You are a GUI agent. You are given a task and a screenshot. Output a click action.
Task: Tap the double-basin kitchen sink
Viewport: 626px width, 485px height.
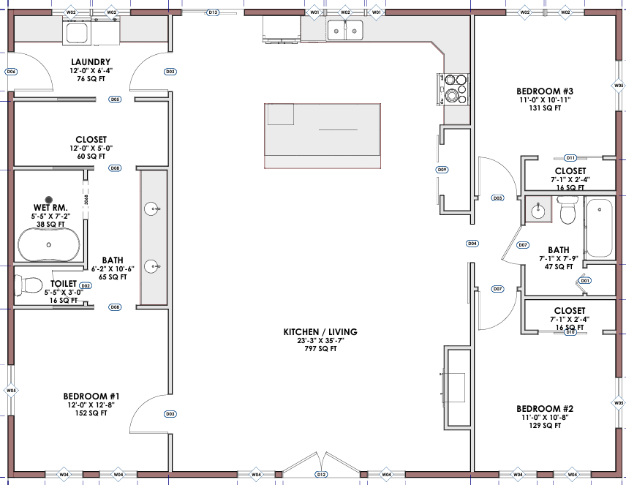coord(345,30)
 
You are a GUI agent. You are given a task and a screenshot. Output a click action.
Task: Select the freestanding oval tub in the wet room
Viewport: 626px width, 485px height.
coord(49,245)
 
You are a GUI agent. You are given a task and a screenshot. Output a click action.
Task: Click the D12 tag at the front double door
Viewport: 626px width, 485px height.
coord(321,475)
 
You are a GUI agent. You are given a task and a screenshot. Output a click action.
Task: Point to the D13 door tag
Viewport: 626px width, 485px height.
coord(213,12)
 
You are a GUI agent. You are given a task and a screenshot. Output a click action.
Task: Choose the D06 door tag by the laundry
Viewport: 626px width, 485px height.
coord(11,72)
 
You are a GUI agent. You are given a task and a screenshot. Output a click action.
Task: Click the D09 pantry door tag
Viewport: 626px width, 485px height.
coord(442,170)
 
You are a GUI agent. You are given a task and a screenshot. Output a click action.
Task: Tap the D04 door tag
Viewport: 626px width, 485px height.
coord(472,243)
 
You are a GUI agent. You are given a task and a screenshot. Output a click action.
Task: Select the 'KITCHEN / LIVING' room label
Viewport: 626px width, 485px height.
coord(320,332)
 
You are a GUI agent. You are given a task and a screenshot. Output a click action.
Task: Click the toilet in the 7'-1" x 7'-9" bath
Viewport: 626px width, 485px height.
coord(567,213)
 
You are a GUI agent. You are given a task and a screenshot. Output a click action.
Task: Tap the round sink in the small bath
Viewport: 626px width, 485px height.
coord(539,210)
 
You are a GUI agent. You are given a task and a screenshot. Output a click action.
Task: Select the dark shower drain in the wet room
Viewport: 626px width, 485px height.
coord(50,199)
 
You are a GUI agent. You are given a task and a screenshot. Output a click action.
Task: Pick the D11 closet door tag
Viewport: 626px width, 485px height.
coord(571,158)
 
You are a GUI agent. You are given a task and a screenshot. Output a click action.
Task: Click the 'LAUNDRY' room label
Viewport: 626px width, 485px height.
coord(91,62)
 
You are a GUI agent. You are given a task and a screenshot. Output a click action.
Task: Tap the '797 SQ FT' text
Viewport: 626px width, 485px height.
coord(320,348)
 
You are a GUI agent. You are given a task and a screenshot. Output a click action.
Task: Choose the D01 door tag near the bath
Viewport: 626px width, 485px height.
coord(584,281)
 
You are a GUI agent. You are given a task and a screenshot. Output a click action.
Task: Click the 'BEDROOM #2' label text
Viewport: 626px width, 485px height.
coord(543,408)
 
